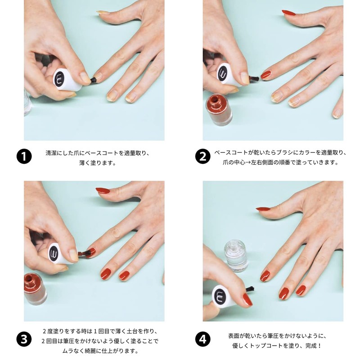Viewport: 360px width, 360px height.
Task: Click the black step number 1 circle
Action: pos(24,157)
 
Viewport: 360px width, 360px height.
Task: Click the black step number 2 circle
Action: pos(202,157)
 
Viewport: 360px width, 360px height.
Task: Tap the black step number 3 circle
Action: pos(24,338)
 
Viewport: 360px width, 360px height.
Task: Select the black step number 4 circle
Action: pos(202,338)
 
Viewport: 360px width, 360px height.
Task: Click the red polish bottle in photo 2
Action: pos(220,109)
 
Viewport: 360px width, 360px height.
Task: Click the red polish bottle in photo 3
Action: pos(36,288)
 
